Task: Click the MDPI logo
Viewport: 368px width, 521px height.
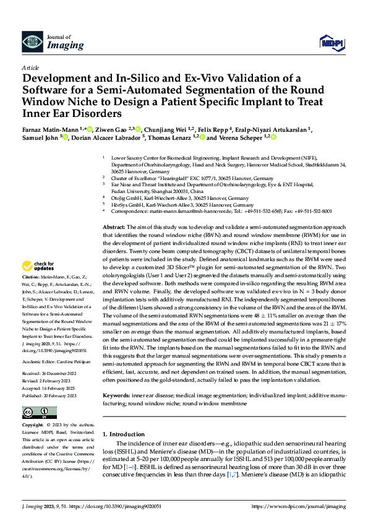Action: (x=329, y=42)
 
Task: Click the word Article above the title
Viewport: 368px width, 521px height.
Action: (x=30, y=67)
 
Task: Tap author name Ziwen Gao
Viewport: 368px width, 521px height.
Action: (x=110, y=129)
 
